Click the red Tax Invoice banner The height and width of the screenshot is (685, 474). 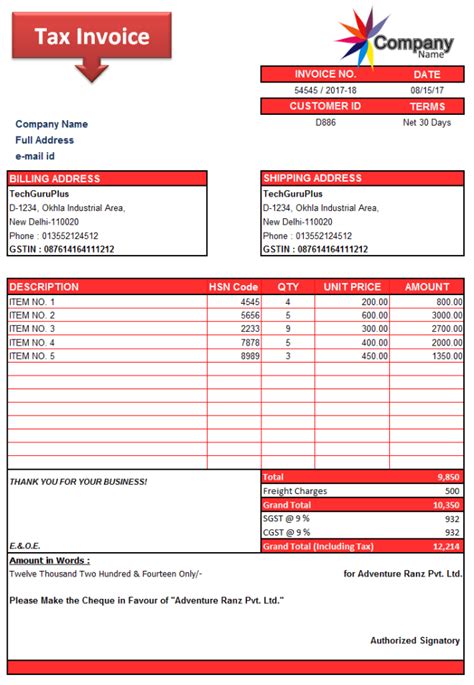[91, 38]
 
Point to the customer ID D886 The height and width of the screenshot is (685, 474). [325, 122]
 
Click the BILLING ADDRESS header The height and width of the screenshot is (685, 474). [55, 179]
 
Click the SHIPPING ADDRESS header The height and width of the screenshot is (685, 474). [312, 179]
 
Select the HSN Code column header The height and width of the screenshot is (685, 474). [233, 287]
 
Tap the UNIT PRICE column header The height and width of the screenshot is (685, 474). [352, 287]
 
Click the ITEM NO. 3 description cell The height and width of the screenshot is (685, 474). [32, 328]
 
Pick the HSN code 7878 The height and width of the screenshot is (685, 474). [249, 342]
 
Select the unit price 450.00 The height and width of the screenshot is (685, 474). [374, 356]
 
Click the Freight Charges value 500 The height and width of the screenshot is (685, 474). [452, 491]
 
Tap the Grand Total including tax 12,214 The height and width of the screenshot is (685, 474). [446, 546]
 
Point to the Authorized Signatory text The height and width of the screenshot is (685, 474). [415, 640]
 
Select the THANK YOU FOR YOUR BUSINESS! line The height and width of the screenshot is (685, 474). [78, 482]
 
